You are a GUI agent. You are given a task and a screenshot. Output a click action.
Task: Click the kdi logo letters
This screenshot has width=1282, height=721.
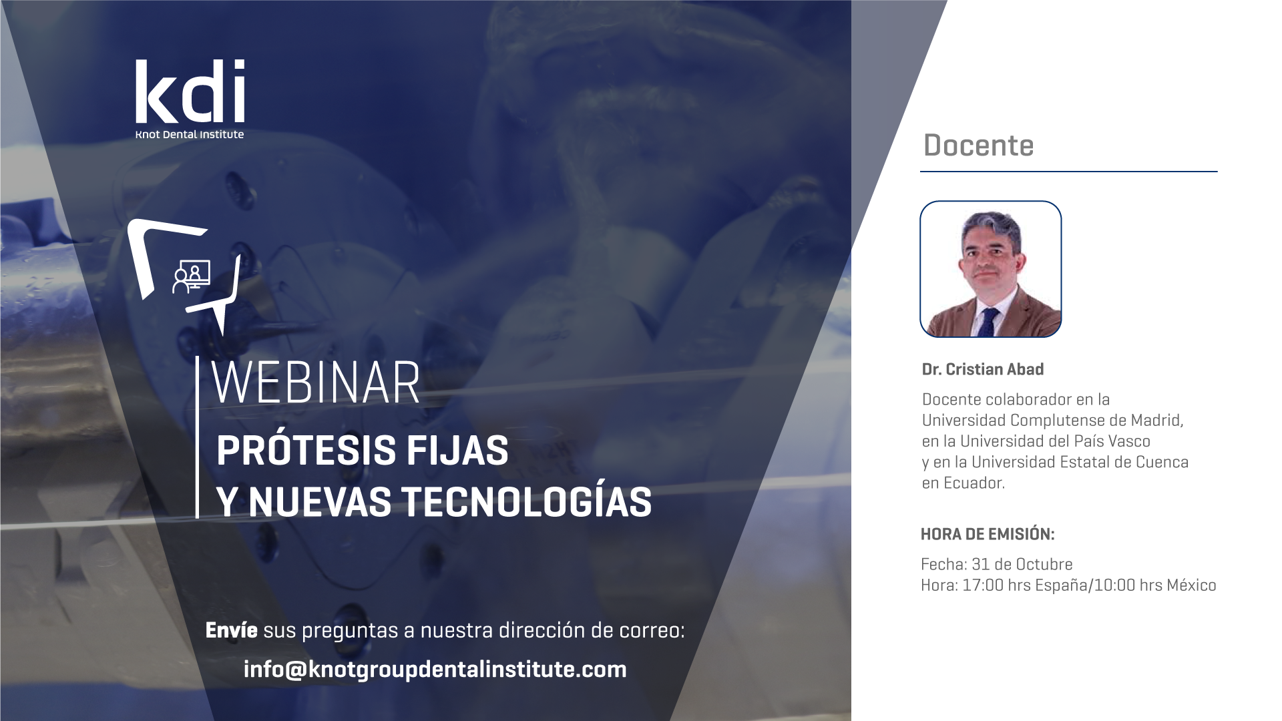[x=190, y=91]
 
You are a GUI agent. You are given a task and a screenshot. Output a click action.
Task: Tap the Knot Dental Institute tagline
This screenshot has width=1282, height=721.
[x=190, y=134]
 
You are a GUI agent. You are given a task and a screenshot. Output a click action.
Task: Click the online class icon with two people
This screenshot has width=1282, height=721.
[x=191, y=276]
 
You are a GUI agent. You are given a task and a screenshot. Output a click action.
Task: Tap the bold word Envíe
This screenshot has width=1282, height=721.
[x=231, y=630]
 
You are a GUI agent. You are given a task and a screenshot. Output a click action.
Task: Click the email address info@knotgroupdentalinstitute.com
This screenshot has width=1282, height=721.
[x=435, y=669]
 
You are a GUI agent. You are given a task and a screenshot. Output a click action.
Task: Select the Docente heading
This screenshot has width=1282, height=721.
[x=978, y=145]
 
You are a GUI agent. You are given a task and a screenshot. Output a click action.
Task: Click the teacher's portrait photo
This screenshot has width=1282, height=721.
[x=991, y=269]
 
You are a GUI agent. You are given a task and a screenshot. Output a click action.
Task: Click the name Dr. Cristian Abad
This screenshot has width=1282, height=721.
[x=983, y=369]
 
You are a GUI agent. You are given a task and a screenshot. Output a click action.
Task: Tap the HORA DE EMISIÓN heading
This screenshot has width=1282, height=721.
[x=988, y=534]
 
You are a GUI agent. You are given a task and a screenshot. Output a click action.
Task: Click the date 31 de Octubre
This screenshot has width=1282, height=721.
[x=1022, y=564]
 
